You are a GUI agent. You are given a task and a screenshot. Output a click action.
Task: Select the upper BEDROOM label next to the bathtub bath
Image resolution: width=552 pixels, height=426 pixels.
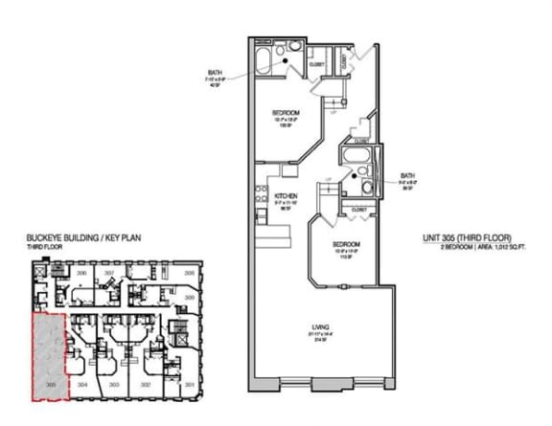point(287,113)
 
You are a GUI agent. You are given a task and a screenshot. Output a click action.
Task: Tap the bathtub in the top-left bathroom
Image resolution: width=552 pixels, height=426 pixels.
point(264,64)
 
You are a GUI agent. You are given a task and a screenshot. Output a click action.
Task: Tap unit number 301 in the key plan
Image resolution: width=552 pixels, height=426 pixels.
point(189,385)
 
